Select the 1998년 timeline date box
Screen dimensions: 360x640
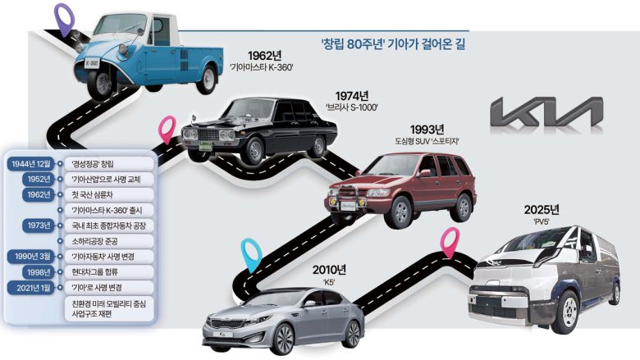tap(35, 271)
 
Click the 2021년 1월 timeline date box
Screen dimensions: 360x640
tap(33, 287)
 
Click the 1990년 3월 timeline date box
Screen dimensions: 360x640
tap(32, 256)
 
